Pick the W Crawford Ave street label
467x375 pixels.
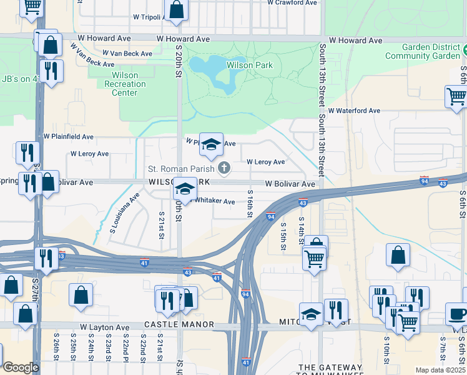tap(292, 3)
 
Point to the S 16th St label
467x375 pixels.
tap(250, 204)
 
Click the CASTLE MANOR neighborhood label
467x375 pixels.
tap(179, 325)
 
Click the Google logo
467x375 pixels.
tap(21, 367)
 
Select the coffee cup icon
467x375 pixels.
tap(456, 314)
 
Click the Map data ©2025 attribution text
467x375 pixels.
tap(440, 370)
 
